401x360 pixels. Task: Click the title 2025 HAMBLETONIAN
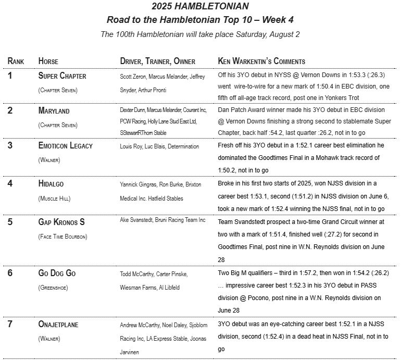pos(200,7)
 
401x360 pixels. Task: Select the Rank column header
pos(16,61)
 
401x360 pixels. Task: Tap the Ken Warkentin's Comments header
pos(261,61)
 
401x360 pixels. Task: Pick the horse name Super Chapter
pos(62,76)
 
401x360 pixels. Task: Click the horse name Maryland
pos(54,111)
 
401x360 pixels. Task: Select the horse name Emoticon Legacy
pos(66,146)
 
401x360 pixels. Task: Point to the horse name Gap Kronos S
pos(61,222)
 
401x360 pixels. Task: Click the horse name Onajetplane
pos(58,325)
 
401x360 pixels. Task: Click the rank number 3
pos(10,146)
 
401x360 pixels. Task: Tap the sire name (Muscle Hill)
pos(55,198)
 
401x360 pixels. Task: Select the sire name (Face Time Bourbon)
pos(63,237)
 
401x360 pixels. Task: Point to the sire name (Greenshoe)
pos(53,288)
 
